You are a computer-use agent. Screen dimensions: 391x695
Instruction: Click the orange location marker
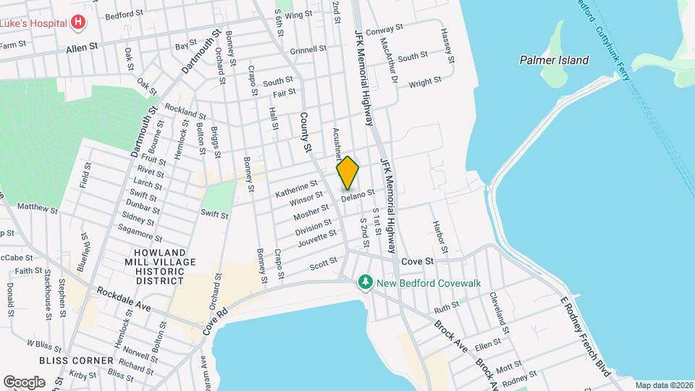[x=348, y=174]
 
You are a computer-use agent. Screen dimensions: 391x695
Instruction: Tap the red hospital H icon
[x=77, y=23]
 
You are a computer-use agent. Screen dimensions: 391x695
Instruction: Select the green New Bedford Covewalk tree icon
[x=366, y=282]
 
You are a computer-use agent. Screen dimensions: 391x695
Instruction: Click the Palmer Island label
[x=554, y=60]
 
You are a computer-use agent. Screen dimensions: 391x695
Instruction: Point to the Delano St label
[x=358, y=194]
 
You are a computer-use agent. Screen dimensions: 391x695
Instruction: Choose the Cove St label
[x=417, y=260]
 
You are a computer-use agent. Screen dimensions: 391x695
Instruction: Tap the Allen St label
[x=82, y=47]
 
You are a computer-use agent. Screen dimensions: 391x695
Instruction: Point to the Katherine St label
[x=296, y=189]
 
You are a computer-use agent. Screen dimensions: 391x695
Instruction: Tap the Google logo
[x=24, y=382]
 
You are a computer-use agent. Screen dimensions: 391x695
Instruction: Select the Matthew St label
[x=38, y=209]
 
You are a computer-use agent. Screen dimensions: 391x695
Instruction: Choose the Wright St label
[x=424, y=83]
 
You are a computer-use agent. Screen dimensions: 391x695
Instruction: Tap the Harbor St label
[x=440, y=238]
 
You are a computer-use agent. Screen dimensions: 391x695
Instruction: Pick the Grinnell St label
[x=308, y=50]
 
